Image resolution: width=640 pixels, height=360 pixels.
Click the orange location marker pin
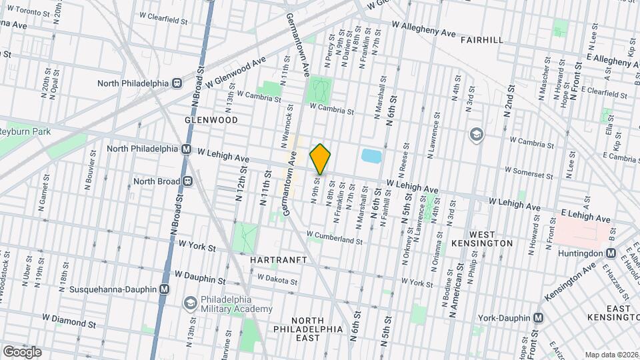[x=321, y=159]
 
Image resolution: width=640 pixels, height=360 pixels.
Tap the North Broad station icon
[x=188, y=180]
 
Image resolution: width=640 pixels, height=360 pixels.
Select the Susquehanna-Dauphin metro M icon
[x=165, y=289]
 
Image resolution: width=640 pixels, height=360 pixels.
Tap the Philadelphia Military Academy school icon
[x=191, y=303]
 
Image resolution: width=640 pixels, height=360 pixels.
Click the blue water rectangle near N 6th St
[x=371, y=156]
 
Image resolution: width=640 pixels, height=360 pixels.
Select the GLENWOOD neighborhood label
[x=211, y=120]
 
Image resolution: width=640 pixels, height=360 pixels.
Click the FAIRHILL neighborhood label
[x=481, y=40]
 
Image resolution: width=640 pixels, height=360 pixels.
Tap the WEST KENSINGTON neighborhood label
[x=491, y=239]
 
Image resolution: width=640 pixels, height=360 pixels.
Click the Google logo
[x=22, y=352]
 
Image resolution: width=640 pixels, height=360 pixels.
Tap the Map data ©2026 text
[x=611, y=355]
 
